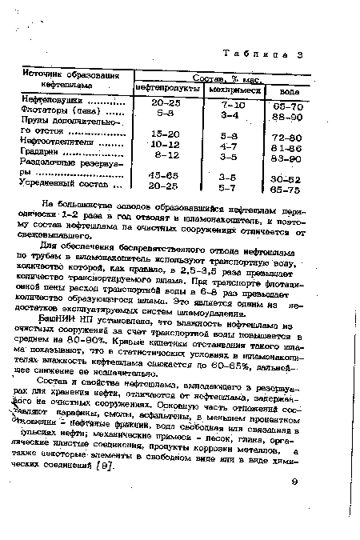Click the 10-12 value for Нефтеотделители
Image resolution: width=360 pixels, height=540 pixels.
(166, 144)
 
